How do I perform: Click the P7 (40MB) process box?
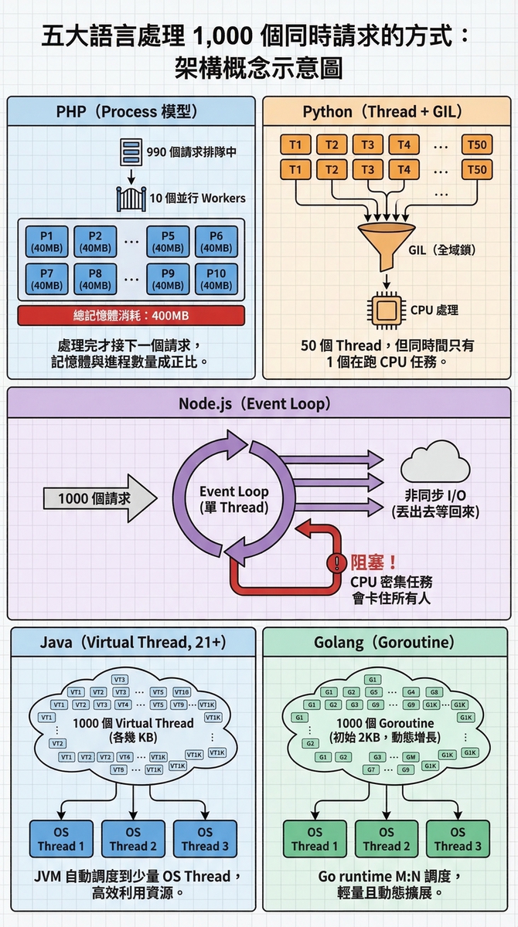tap(47, 279)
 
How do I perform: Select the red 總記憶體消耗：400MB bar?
tap(131, 315)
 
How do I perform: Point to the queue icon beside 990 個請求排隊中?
tap(130, 151)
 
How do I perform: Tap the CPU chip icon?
tap(387, 310)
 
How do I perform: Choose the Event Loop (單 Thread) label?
tap(233, 499)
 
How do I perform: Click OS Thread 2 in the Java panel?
tap(133, 840)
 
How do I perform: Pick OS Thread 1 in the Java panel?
tap(61, 840)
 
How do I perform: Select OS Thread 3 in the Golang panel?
tap(458, 840)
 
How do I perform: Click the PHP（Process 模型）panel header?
tap(131, 110)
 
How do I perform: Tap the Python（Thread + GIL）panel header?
tap(386, 110)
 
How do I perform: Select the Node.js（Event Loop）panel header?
tap(258, 403)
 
